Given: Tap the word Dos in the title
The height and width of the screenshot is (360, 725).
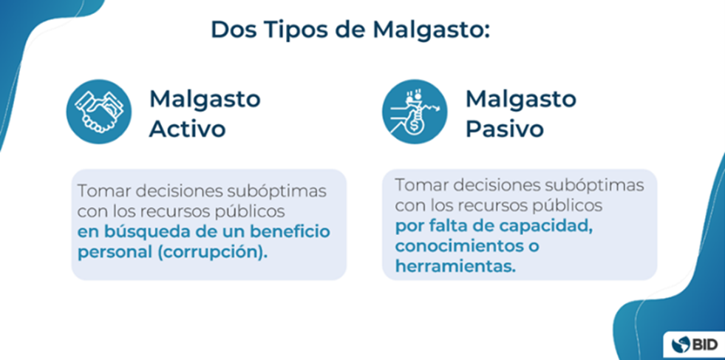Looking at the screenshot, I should tap(231, 30).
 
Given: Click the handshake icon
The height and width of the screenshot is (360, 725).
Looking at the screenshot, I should tap(98, 112).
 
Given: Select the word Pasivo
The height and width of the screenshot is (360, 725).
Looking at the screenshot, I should tap(505, 129).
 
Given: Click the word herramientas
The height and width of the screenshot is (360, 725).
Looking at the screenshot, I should tap(454, 266).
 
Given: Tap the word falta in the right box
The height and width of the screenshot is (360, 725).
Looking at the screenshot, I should tap(450, 225).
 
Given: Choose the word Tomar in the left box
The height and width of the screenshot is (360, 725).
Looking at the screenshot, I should tap(101, 190).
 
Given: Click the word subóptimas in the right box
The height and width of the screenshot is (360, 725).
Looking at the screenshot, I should tap(599, 184).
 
